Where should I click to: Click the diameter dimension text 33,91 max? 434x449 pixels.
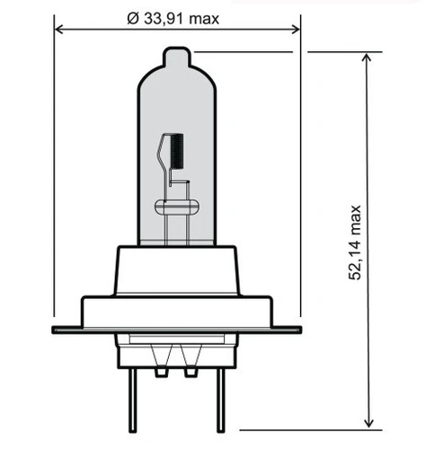tap(182, 19)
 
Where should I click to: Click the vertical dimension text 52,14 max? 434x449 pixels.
tap(355, 242)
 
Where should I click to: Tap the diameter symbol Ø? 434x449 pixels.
tap(133, 19)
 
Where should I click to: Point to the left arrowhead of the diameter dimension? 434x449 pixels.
tap(59, 30)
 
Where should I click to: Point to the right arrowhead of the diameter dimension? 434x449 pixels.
tap(296, 30)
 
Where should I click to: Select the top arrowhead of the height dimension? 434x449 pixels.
tap(368, 57)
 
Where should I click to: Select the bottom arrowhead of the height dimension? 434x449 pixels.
tap(368, 423)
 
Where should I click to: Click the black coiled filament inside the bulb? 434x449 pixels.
tap(177, 151)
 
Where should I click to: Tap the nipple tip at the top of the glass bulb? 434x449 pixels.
tap(177, 56)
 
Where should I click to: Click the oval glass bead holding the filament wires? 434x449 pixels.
tap(177, 207)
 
